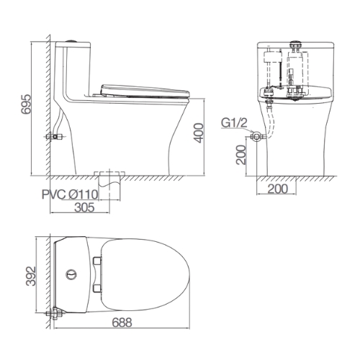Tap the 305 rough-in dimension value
click(x=85, y=207)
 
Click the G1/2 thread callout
click(x=234, y=122)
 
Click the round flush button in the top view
click(x=71, y=274)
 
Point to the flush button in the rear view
click(x=294, y=44)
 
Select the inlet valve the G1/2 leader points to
click(x=254, y=135)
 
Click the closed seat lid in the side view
click(x=144, y=90)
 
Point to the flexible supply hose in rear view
click(x=269, y=119)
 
